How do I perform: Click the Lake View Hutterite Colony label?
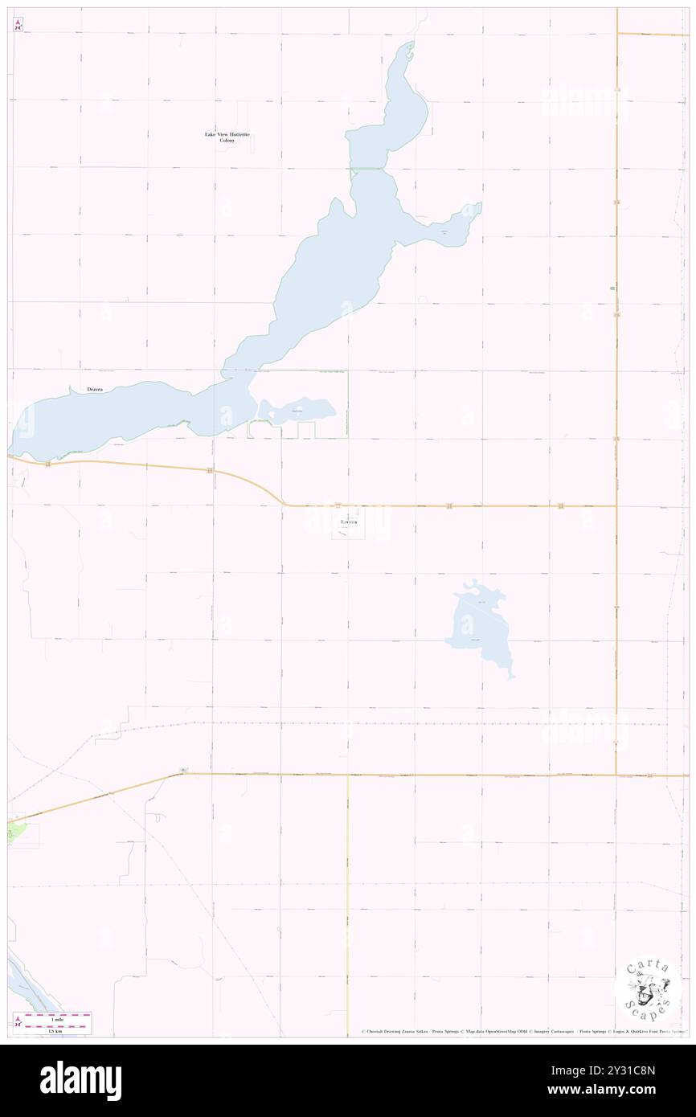coord(227,137)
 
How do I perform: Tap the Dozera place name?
coord(96,390)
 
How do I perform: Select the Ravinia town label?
coord(346,522)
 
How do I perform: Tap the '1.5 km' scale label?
coord(55,1029)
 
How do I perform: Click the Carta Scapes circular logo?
coord(648,988)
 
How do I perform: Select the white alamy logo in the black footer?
coord(80,1081)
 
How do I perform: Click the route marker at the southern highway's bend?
coord(183,771)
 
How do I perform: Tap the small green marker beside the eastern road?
coord(612,288)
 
